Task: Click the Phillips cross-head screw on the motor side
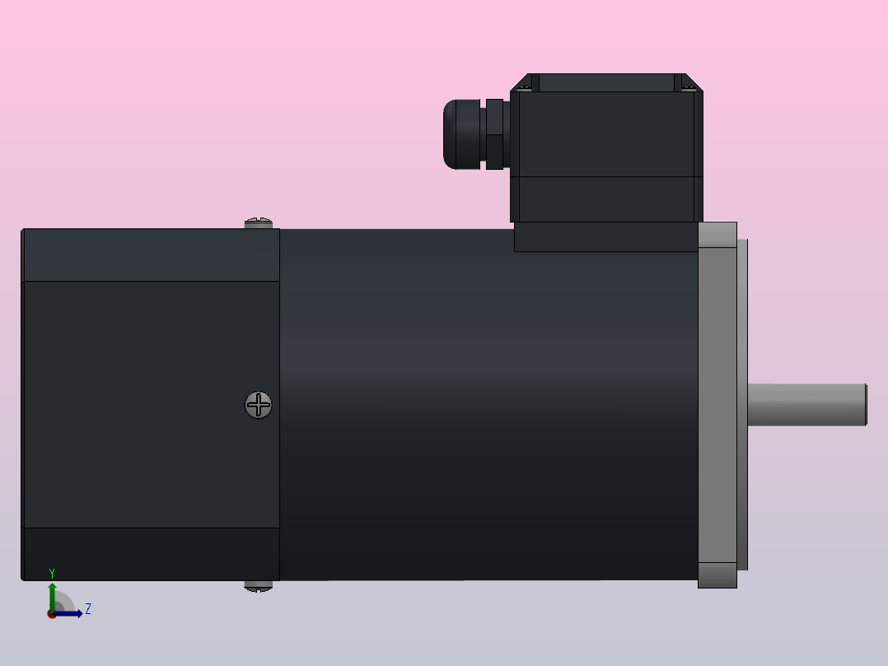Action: [x=259, y=405]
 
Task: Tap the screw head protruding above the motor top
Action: [x=259, y=223]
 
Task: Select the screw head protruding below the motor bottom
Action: [x=259, y=586]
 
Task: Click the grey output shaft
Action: [x=807, y=405]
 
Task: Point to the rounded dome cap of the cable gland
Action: [x=458, y=134]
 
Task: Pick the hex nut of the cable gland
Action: [x=494, y=134]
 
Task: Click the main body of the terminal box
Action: [x=606, y=148]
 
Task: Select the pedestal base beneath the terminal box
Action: [x=606, y=237]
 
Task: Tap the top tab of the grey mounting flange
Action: [x=717, y=235]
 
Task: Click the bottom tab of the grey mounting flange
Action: [x=717, y=575]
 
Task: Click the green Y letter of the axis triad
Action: [x=52, y=574]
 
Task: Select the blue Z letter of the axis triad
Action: [x=87, y=609]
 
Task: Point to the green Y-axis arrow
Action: [x=52, y=595]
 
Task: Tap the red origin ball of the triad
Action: [x=52, y=614]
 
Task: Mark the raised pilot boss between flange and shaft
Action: [x=742, y=405]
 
